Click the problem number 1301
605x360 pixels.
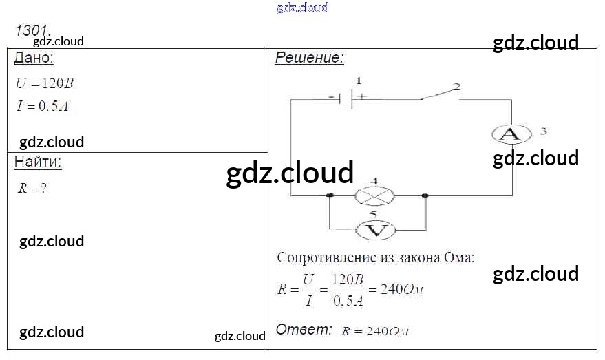coord(32,31)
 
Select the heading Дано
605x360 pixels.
coord(34,59)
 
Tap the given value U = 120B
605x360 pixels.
coord(44,83)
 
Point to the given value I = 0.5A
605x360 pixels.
coord(42,106)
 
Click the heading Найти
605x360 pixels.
coord(38,162)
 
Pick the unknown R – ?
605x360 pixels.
coord(32,188)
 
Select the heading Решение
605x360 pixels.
coord(309,58)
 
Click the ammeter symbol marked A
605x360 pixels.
coord(511,134)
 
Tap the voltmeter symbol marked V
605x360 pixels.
coord(374,229)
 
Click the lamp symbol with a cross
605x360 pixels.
coord(374,196)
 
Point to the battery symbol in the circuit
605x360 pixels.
coord(351,98)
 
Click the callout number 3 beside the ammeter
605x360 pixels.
coord(543,130)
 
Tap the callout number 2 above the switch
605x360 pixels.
coord(456,87)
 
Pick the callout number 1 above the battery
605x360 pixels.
coord(357,81)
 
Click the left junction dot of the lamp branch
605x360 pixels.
coord(330,196)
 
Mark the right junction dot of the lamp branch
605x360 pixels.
coord(425,196)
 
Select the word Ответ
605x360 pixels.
coord(304,330)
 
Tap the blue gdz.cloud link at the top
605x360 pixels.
coord(302,8)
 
